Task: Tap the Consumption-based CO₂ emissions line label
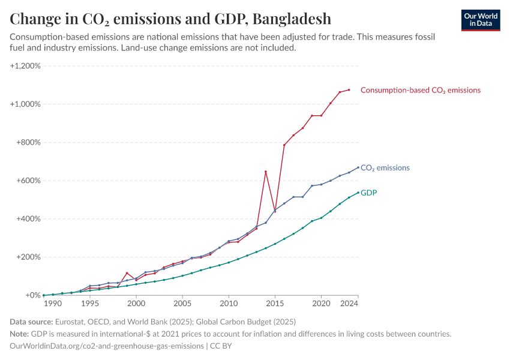point(420,90)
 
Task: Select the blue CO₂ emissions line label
point(385,168)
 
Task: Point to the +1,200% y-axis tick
point(25,65)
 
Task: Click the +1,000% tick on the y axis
point(25,104)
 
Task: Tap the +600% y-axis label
point(28,181)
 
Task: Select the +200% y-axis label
point(28,257)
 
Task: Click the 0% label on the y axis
point(32,295)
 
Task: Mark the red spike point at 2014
point(266,172)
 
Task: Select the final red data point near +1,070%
point(349,90)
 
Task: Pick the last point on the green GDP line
point(358,193)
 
